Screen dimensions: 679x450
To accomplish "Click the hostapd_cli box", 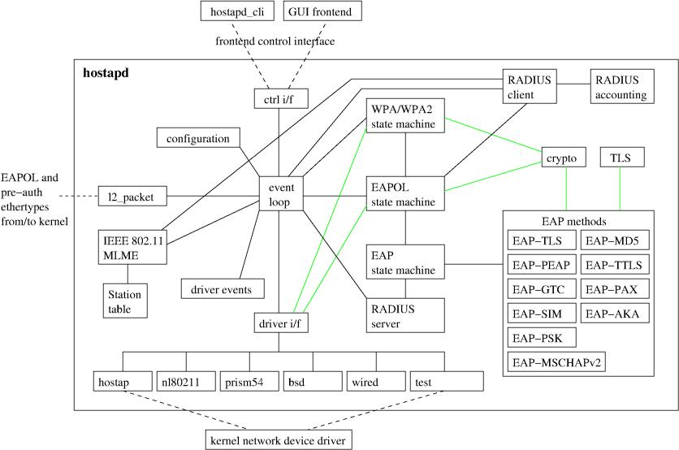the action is [x=237, y=11].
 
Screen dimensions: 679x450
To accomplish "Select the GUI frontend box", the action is [x=322, y=11].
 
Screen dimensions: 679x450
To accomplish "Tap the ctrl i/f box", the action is [x=281, y=99].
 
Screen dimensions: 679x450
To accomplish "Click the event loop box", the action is [x=281, y=193].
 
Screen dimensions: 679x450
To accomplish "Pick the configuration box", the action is [x=198, y=137].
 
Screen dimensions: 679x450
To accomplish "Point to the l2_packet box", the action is [x=132, y=197].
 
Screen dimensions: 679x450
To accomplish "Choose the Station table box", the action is [x=125, y=301].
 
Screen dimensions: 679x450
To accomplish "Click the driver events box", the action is [x=223, y=288].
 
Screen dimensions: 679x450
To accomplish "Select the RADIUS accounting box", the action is [x=622, y=86].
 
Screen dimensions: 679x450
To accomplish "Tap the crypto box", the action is [x=564, y=157].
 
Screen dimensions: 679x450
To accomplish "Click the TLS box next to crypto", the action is [x=622, y=157].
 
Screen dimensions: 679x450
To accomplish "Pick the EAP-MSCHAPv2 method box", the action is [x=556, y=361].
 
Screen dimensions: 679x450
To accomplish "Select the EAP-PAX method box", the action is [x=615, y=289].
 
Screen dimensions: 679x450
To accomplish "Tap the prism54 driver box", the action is [x=249, y=381].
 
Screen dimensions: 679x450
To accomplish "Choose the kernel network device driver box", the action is [x=278, y=439].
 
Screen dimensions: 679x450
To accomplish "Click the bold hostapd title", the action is [x=106, y=73].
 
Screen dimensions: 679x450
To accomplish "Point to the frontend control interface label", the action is [x=275, y=41].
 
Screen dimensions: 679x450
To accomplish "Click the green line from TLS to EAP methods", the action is [x=620, y=188].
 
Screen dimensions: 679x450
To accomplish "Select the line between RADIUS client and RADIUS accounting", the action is [x=573, y=84].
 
